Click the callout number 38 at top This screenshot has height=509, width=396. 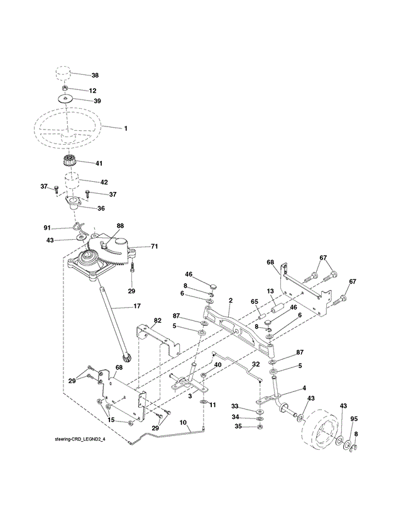(95, 76)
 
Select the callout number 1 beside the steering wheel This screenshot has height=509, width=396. (126, 128)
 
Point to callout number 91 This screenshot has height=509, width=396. (47, 228)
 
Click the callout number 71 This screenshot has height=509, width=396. (155, 247)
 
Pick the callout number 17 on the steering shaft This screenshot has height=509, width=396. (137, 306)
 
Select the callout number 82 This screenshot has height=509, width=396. (158, 321)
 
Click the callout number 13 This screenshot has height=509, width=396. (270, 291)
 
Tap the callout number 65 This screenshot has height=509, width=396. (255, 301)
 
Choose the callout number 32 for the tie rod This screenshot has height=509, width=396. (256, 364)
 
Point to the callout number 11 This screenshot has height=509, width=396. (212, 405)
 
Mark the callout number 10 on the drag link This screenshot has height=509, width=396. (183, 422)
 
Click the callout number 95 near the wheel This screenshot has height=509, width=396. (354, 419)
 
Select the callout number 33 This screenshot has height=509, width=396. (235, 406)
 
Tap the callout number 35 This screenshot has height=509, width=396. (238, 426)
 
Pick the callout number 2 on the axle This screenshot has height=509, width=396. (231, 301)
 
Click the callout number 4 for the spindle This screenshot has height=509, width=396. (304, 388)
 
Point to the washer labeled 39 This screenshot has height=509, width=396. (66, 99)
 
